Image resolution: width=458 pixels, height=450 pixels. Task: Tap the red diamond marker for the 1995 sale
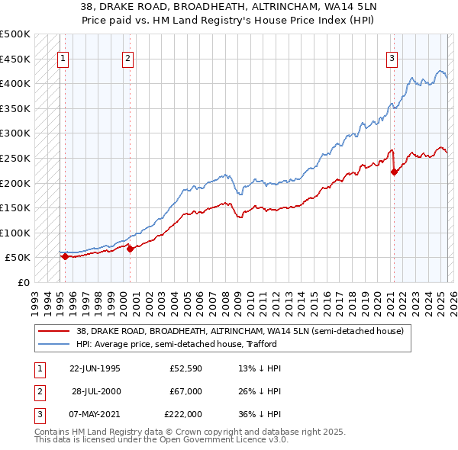[65, 256]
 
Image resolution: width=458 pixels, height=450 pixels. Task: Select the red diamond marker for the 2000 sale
[131, 249]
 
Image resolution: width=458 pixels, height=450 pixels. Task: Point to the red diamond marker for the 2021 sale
[395, 172]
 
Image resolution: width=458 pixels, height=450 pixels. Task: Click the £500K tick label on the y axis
[15, 34]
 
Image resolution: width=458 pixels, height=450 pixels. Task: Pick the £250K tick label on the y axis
[15, 158]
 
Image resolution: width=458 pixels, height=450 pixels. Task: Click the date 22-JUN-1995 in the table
[95, 368]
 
